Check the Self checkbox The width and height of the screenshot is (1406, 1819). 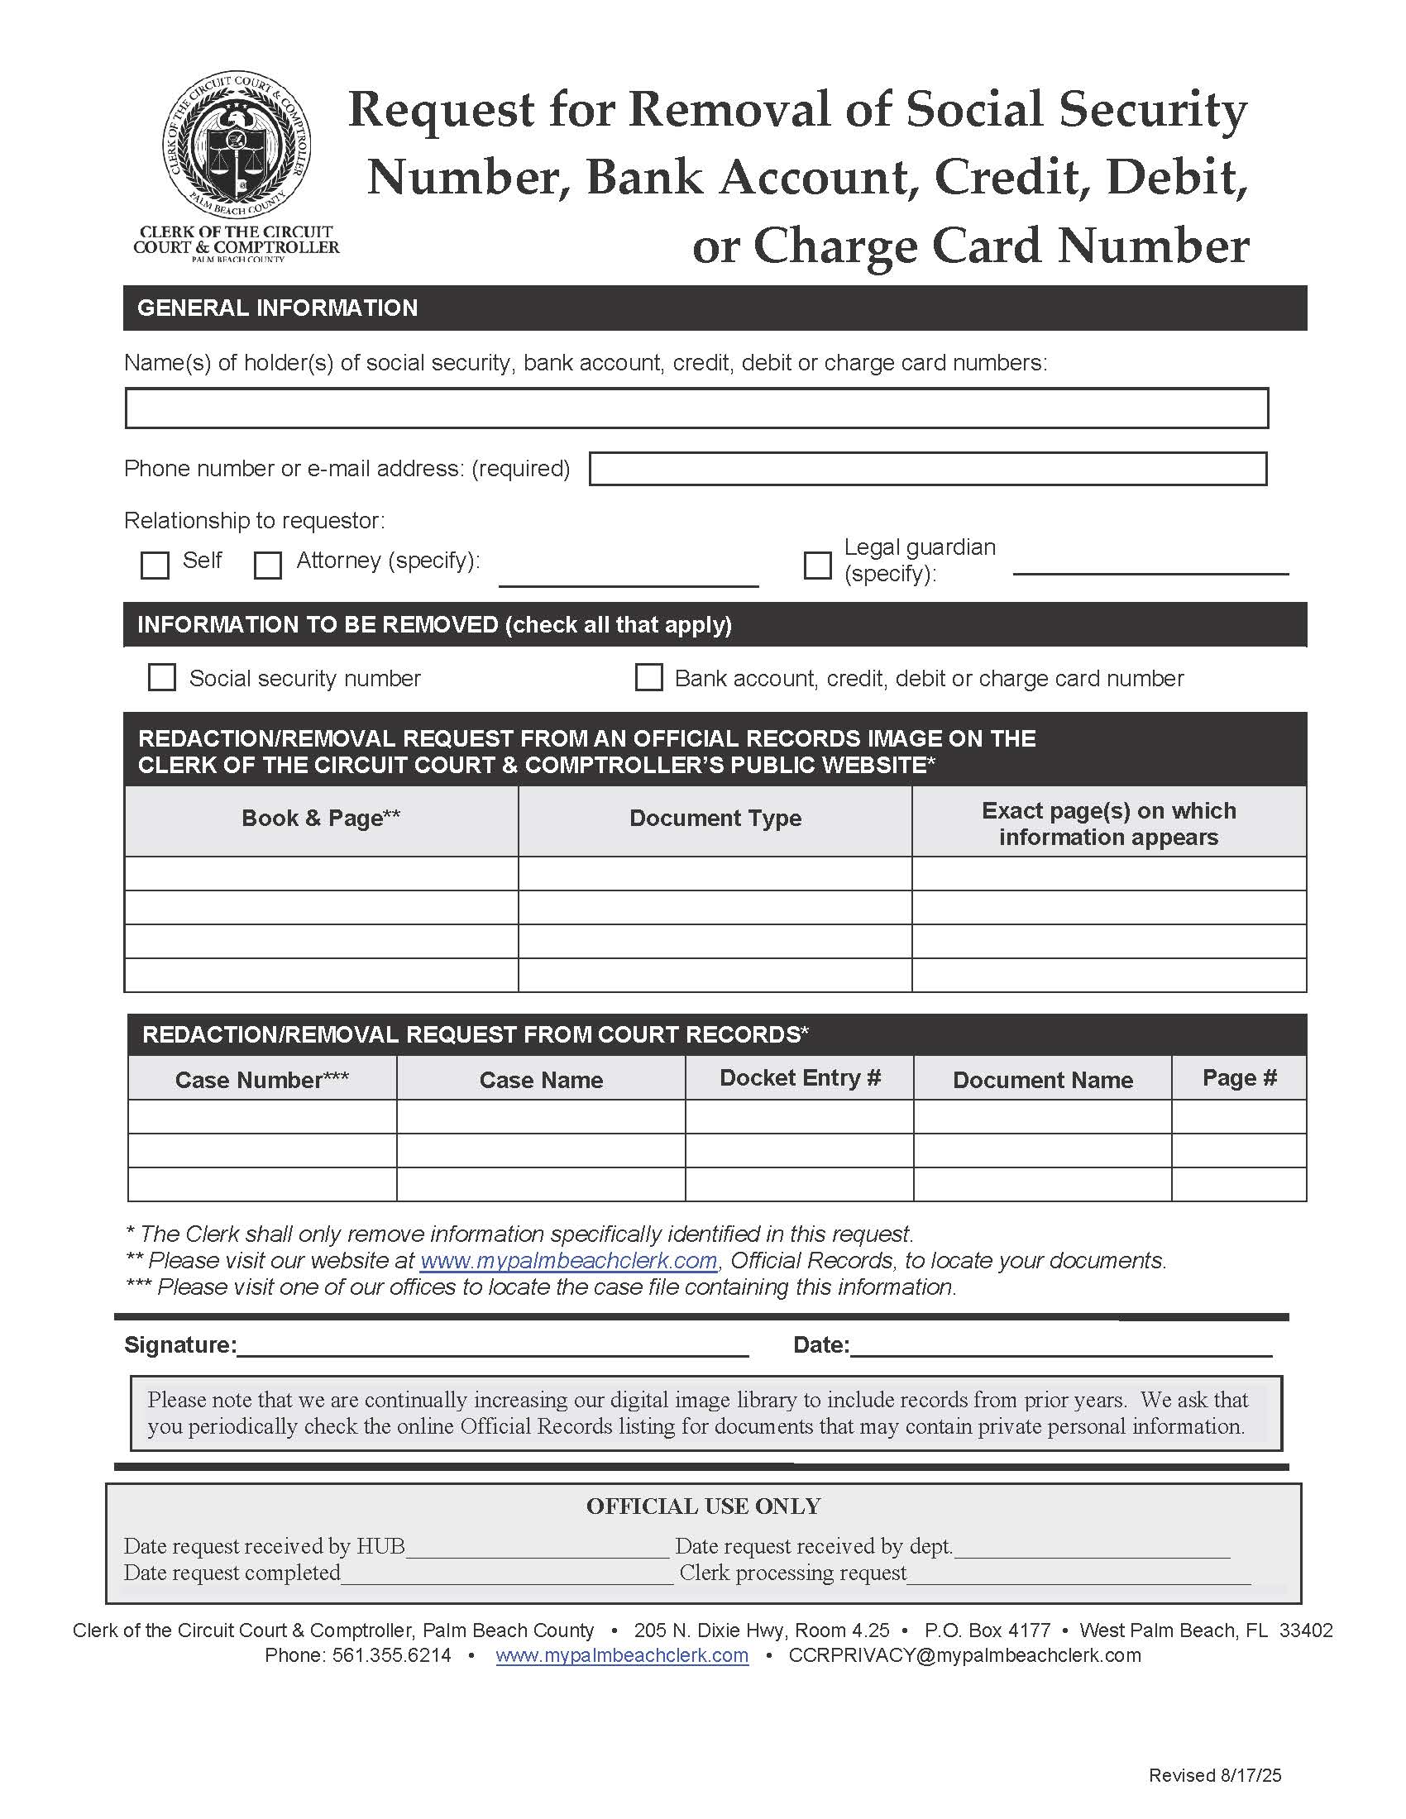pos(155,565)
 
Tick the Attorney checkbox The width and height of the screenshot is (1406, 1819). pos(267,565)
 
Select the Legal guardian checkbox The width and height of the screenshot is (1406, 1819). pos(817,565)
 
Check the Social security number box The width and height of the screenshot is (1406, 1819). pos(161,677)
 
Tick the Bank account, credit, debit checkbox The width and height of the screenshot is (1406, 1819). pos(649,677)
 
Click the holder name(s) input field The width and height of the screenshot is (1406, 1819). pos(696,408)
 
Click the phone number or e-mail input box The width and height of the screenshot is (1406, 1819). pos(927,468)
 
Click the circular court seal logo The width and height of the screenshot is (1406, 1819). pos(237,143)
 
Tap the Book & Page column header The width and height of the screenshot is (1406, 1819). pos(321,818)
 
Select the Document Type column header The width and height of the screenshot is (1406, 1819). pos(715,818)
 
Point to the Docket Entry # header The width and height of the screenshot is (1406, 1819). pos(800,1077)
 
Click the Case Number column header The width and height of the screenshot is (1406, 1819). pos(261,1079)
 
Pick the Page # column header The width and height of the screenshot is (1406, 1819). pos(1239,1077)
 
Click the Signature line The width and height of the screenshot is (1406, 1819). pos(492,1345)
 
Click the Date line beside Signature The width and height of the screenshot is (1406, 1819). pos(1059,1345)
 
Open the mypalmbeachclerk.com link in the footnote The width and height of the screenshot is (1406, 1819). pos(568,1261)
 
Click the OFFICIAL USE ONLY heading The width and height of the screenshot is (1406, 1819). pos(703,1506)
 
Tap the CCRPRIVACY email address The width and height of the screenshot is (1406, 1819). pos(964,1655)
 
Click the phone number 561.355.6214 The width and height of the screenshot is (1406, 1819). pos(391,1655)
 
